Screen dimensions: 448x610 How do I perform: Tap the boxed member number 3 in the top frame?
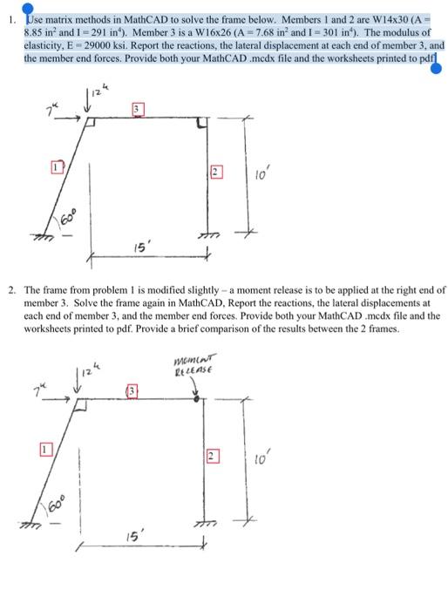(x=136, y=107)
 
